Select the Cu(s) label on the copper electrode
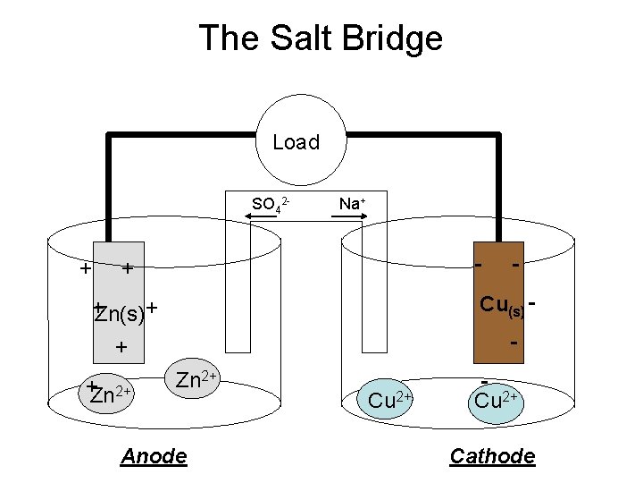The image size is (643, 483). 501,307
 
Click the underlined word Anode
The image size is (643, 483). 154,457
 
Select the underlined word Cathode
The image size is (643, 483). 492,457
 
